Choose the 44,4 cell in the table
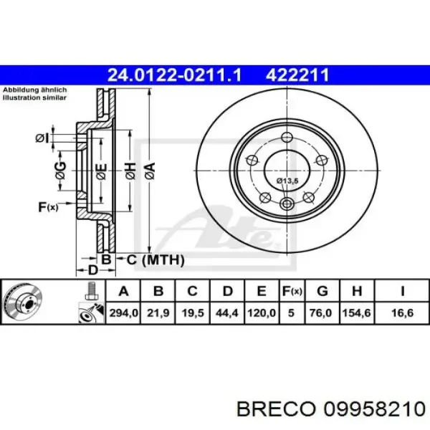228,312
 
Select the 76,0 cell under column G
322,312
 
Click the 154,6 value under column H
358,312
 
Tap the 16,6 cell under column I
401,312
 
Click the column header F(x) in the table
292,290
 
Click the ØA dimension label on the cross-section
150,170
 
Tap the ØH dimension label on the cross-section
129,170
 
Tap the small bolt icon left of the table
90,290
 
